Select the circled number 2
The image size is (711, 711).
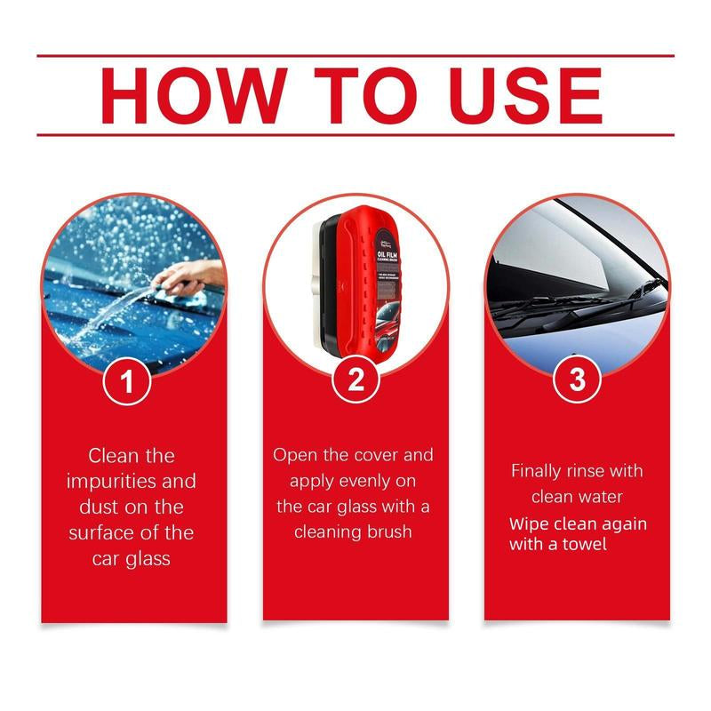pyautogui.click(x=355, y=380)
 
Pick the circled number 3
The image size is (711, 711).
pyautogui.click(x=577, y=380)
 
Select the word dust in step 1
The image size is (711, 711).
pyautogui.click(x=90, y=507)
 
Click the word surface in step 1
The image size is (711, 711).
pyautogui.click(x=100, y=533)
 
